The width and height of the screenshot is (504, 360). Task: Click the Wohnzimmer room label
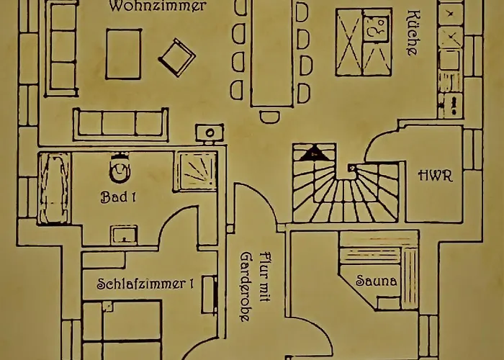point(158,6)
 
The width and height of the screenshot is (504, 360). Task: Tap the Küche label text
point(413,33)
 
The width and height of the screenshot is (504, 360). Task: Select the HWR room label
point(435,175)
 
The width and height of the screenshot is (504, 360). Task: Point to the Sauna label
point(377,281)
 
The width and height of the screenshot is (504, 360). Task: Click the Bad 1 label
point(118,197)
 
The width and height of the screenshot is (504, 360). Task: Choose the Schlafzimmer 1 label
point(145,284)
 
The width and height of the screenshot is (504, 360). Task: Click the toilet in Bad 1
point(118,169)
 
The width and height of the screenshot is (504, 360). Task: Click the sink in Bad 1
point(124,235)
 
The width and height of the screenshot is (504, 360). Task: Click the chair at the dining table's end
point(270,117)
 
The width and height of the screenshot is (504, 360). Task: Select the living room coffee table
point(124,54)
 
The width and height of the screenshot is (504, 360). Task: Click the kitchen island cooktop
point(377,32)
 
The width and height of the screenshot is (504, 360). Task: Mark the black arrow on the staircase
point(314,153)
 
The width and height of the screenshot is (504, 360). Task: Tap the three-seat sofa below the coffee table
point(120,123)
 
